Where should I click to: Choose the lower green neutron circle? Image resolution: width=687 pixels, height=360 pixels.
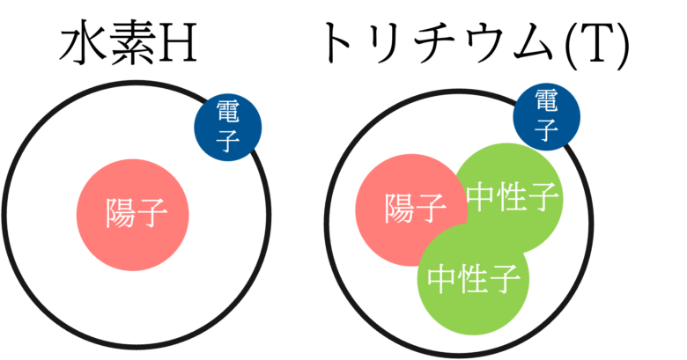(474, 308)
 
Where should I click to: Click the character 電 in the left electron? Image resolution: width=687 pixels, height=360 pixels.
(228, 113)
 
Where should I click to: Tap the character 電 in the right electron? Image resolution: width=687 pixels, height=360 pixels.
(547, 99)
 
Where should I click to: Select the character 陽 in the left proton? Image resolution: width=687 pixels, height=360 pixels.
(119, 212)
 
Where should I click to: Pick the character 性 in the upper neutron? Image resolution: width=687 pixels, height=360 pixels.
(513, 198)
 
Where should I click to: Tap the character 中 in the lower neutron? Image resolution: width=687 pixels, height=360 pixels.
(442, 279)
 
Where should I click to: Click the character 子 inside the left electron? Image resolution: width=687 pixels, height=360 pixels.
(228, 142)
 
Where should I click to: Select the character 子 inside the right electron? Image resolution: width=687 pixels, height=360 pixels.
(547, 130)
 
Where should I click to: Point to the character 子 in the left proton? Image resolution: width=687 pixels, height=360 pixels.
(151, 212)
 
